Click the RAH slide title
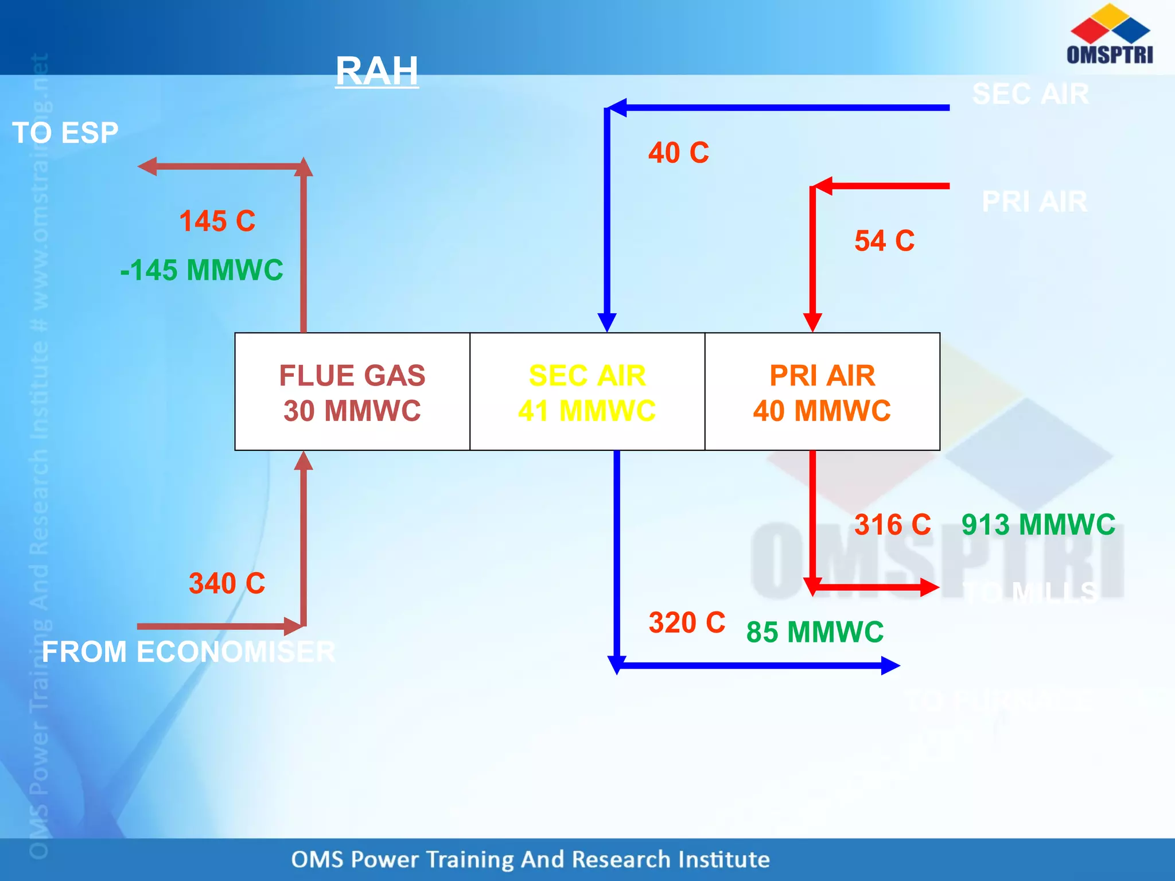click(x=377, y=71)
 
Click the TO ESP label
click(x=65, y=132)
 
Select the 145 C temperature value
click(x=217, y=221)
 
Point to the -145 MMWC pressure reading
click(x=201, y=270)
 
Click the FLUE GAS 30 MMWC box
click(x=352, y=392)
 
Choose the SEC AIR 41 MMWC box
click(x=587, y=392)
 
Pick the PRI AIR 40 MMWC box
click(x=822, y=392)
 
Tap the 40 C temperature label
click(x=679, y=153)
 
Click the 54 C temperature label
click(x=884, y=240)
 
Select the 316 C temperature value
click(x=892, y=524)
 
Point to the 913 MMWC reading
click(x=1038, y=524)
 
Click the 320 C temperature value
click(x=687, y=622)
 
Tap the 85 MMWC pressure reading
click(x=815, y=632)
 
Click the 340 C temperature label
click(x=227, y=583)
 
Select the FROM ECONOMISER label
click(x=188, y=652)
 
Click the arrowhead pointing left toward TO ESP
click(x=147, y=166)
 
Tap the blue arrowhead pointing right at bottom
click(x=890, y=665)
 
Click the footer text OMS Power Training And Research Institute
click(x=530, y=859)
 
